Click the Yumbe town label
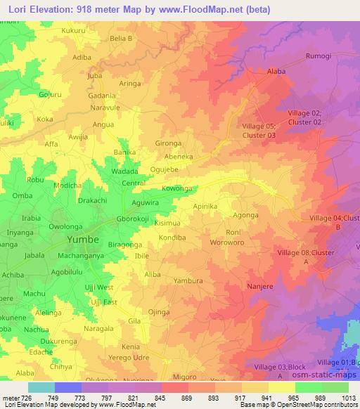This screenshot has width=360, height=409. click(84, 240)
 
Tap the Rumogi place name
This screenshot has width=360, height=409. click(318, 56)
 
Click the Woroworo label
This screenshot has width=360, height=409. click(226, 242)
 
